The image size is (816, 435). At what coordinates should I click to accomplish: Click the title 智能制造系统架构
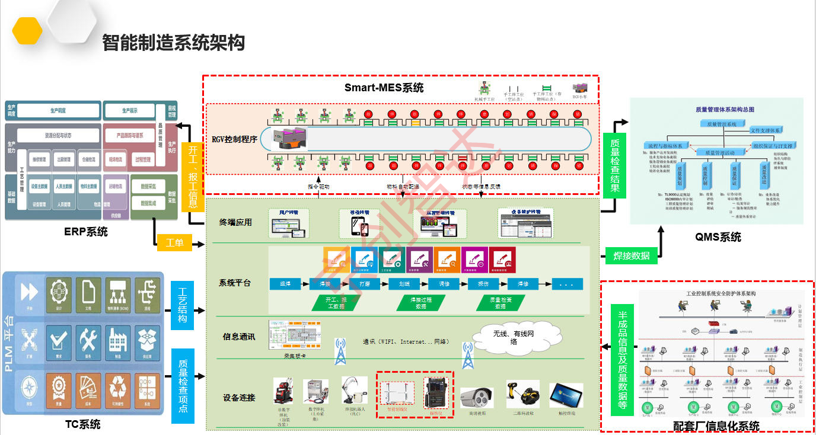[x=173, y=43]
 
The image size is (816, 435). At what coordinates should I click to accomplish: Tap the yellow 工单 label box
[x=174, y=243]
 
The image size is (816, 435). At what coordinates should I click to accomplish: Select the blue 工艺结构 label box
[x=183, y=305]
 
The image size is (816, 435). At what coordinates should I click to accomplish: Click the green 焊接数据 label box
[x=631, y=256]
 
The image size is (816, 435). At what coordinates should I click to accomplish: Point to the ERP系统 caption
[x=86, y=232]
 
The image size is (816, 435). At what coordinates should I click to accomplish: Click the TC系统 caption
[x=82, y=424]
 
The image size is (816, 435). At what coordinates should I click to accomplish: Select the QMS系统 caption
[x=718, y=237]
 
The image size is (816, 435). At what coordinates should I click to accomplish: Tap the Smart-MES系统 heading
[x=384, y=88]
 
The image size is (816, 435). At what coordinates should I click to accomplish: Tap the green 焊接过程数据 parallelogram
[x=420, y=303]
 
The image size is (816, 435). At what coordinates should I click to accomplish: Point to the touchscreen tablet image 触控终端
[x=566, y=395]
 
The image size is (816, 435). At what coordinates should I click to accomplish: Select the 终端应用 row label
[x=235, y=222]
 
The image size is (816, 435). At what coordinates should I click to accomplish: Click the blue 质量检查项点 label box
[x=183, y=385]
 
